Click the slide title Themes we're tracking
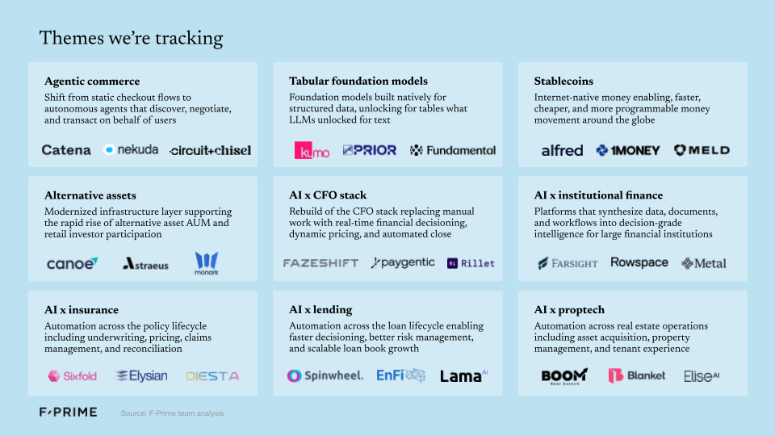(x=131, y=38)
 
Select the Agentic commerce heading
(x=92, y=81)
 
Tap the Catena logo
(x=66, y=149)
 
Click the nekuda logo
(x=131, y=149)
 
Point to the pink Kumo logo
(x=312, y=150)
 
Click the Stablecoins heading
(x=563, y=81)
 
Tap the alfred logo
(x=562, y=150)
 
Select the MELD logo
(x=702, y=150)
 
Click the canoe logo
(x=72, y=263)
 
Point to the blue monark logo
(x=206, y=263)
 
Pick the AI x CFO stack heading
(x=328, y=195)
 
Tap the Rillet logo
(x=471, y=263)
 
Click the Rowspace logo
(x=639, y=263)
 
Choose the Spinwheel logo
(x=325, y=375)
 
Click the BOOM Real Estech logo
(x=563, y=376)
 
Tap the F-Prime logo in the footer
(x=68, y=412)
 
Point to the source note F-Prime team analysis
(x=172, y=413)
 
